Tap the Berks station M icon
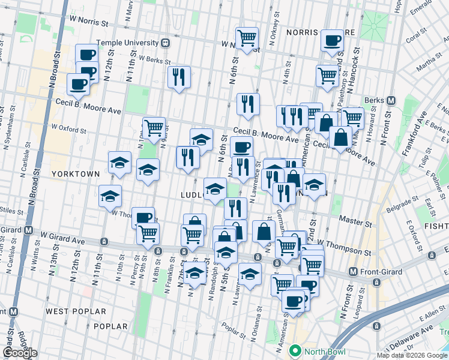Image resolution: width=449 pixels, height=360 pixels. coord(391,100)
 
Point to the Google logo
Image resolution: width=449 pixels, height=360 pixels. coord(20,353)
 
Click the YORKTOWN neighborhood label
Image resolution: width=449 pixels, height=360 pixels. coord(75,173)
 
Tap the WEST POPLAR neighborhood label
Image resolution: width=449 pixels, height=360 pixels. coord(76,311)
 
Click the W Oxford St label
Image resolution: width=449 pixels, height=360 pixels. coord(69,128)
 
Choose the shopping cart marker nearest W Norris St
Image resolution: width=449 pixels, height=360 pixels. coord(247,38)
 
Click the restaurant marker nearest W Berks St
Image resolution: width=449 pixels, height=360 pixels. coord(179,76)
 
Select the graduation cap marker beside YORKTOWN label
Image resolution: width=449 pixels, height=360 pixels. coord(119,162)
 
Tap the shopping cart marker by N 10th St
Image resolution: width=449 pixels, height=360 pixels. coord(154,127)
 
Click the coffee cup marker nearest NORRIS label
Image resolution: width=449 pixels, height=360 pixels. coord(331,40)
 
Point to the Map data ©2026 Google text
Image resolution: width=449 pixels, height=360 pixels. coord(412,355)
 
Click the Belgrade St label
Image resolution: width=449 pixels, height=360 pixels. coord(402,202)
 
